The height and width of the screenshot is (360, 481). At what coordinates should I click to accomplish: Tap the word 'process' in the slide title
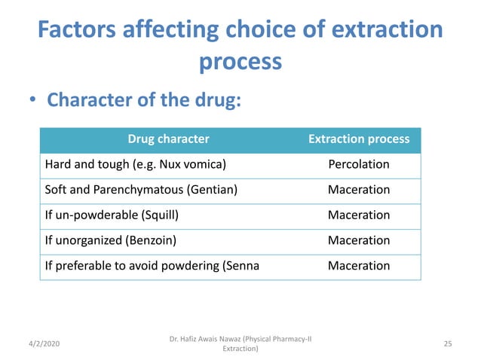tap(240, 62)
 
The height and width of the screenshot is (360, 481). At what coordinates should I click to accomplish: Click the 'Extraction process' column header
tap(359, 139)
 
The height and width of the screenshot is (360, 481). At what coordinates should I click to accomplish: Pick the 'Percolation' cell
tap(359, 164)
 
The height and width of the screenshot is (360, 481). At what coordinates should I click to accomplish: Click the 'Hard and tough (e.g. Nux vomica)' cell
tap(136, 164)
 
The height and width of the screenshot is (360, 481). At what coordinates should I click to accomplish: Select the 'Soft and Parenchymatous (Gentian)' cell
tap(141, 190)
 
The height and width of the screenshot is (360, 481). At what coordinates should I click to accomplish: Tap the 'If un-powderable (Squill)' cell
tap(112, 215)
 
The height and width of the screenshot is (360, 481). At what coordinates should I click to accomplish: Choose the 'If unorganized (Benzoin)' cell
tap(112, 240)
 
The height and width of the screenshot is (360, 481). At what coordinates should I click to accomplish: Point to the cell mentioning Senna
tap(152, 266)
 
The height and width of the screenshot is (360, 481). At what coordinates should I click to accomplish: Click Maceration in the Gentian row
tap(359, 190)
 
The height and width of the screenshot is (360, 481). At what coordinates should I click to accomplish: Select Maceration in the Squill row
tap(359, 215)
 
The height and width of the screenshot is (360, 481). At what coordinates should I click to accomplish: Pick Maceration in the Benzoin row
tap(359, 240)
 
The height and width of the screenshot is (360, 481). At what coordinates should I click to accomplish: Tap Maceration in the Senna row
tap(359, 266)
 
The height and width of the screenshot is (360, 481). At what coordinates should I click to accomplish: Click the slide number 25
tap(448, 343)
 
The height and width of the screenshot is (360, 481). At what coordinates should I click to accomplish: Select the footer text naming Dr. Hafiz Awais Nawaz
tap(240, 343)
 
